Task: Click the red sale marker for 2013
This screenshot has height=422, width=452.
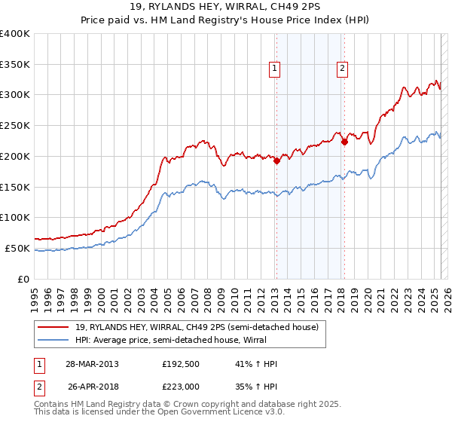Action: (276, 160)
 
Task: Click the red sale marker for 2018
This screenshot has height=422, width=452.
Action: (344, 141)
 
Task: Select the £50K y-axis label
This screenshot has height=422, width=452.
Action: (18, 248)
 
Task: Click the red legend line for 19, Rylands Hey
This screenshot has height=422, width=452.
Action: (53, 328)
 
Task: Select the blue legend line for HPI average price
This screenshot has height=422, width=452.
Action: (53, 341)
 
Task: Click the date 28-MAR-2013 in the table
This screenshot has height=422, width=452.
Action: (92, 364)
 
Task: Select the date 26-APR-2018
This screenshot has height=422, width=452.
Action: (92, 386)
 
